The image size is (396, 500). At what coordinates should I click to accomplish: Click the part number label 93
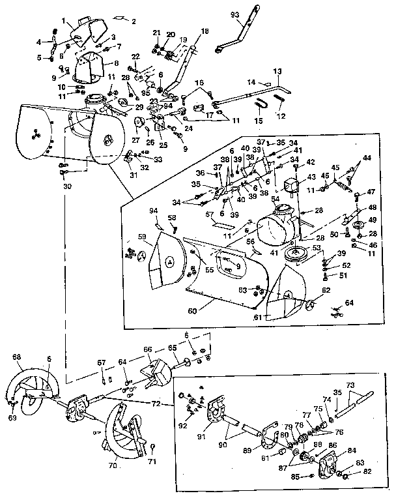pyautogui.click(x=235, y=14)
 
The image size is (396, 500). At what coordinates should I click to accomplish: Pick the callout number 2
pyautogui.click(x=134, y=21)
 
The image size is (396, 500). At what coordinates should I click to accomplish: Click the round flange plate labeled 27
pyautogui.click(x=139, y=124)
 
